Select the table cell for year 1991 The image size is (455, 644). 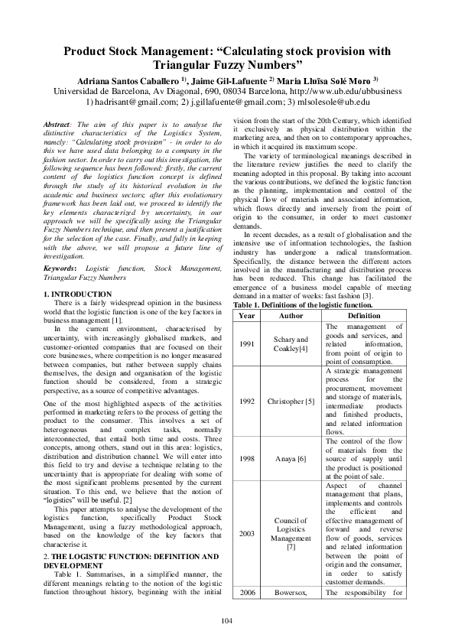pyautogui.click(x=247, y=344)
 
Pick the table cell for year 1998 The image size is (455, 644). pyautogui.click(x=247, y=459)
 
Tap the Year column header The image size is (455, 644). pyautogui.click(x=247, y=315)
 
